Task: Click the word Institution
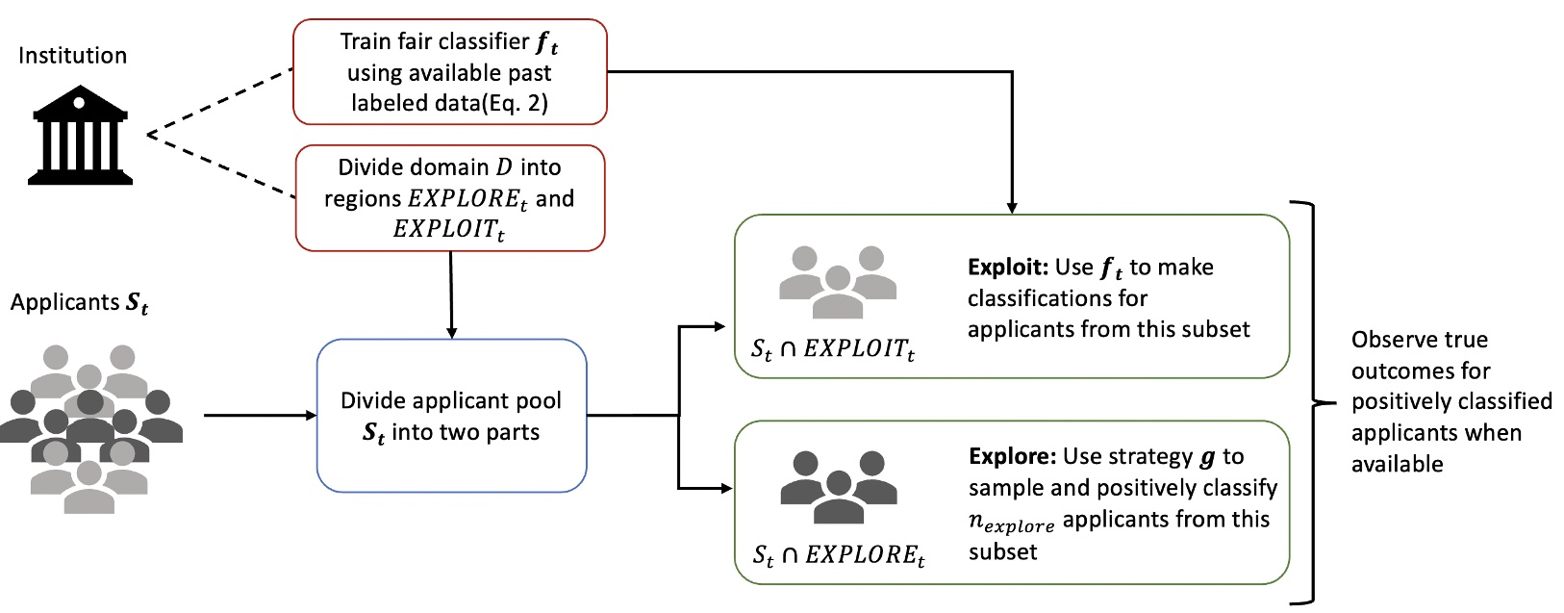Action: [72, 56]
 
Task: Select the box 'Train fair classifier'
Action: [449, 72]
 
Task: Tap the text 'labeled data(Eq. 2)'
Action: [449, 104]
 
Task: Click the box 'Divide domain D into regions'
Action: [449, 197]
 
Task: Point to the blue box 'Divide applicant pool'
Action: [451, 416]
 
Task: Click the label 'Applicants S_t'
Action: [79, 303]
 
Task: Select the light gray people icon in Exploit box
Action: [837, 282]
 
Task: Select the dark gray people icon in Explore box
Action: [838, 487]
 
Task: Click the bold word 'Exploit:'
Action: [1008, 268]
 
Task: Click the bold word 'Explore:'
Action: [1009, 457]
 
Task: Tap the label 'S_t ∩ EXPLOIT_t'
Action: [832, 350]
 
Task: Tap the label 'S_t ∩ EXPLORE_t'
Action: [838, 555]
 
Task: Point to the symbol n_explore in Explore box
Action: [1011, 523]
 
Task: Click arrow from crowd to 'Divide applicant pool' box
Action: [260, 416]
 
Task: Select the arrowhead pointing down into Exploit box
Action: [1012, 207]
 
